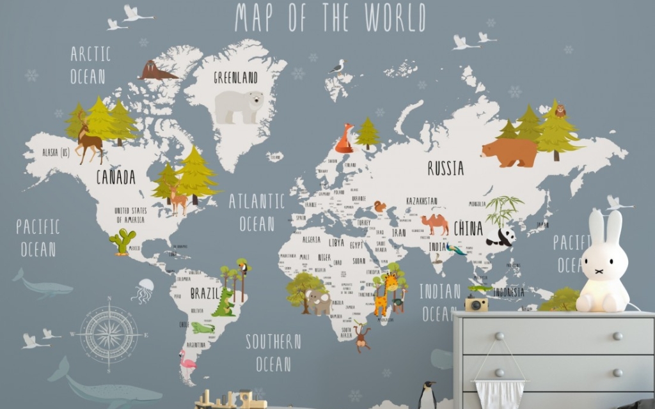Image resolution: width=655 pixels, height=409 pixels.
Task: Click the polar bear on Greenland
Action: (x=239, y=106)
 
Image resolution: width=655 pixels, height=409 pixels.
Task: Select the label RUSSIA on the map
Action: (x=445, y=168)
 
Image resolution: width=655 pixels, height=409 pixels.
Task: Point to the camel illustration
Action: (x=435, y=224)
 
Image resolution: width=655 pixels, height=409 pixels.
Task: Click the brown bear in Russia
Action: (x=509, y=152)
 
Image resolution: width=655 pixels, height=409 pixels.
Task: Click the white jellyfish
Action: (x=143, y=290)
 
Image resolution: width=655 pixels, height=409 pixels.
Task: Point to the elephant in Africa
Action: (x=318, y=302)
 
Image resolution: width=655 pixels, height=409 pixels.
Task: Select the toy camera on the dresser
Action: (x=476, y=303)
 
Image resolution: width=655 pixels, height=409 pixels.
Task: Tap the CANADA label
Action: (x=116, y=177)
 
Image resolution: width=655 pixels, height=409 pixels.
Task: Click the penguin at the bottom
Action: (x=427, y=396)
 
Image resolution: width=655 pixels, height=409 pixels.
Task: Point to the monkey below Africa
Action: (x=362, y=338)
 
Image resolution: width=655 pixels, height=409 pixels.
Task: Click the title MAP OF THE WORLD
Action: (x=329, y=18)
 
